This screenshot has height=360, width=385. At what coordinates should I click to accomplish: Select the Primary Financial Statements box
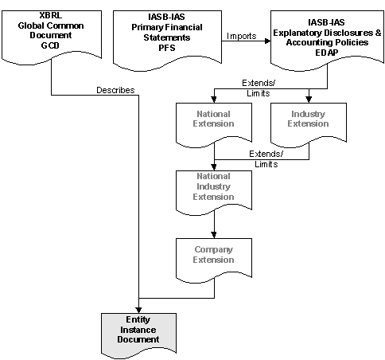click(x=167, y=39)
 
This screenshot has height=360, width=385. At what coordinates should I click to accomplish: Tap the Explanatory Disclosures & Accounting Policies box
click(x=327, y=39)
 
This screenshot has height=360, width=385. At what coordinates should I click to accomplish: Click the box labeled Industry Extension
click(x=309, y=123)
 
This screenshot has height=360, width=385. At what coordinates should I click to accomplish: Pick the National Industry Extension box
click(x=214, y=192)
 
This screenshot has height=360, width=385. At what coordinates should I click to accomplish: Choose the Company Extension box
click(x=214, y=260)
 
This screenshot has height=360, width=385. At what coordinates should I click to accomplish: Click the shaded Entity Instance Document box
click(x=138, y=335)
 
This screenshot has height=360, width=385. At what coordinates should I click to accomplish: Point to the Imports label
click(x=242, y=36)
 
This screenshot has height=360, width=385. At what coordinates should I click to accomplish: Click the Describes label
click(x=115, y=90)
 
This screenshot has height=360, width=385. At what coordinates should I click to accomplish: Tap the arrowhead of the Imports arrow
click(x=268, y=41)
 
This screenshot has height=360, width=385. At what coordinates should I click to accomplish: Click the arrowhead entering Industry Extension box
click(x=309, y=100)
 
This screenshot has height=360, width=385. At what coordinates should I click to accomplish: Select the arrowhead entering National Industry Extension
click(x=214, y=167)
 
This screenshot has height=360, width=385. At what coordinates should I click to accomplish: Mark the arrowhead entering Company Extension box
click(x=214, y=235)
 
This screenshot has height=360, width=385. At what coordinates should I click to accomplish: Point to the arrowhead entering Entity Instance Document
click(x=138, y=310)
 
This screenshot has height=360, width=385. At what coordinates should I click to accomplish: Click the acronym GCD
click(x=50, y=45)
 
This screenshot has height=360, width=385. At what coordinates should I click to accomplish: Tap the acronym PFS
click(x=167, y=48)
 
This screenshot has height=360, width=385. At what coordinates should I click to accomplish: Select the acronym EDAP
click(x=326, y=53)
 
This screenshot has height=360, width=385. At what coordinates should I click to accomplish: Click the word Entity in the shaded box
click(x=138, y=319)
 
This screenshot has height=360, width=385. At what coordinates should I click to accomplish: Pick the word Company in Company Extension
click(x=213, y=249)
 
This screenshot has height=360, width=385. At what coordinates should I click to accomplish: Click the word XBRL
click(x=51, y=15)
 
